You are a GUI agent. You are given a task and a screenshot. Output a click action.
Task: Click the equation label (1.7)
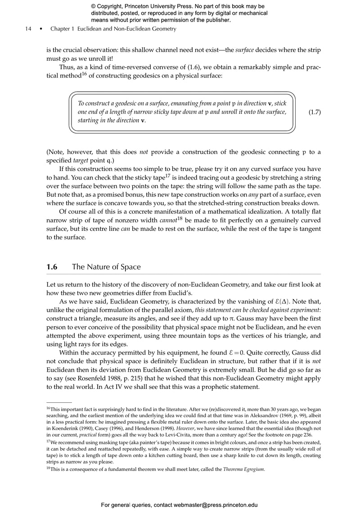[314, 112]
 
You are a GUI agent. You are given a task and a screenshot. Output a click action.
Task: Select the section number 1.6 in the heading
[52, 267]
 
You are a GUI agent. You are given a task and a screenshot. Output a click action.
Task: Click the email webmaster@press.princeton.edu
[215, 505]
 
